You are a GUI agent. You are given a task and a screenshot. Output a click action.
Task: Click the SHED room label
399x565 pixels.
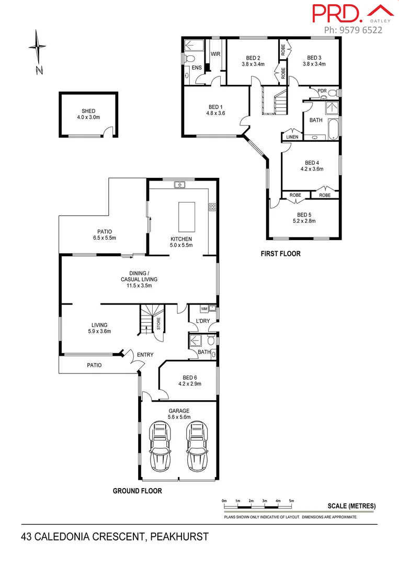88,111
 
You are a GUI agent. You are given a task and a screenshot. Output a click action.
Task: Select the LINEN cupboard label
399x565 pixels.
292,137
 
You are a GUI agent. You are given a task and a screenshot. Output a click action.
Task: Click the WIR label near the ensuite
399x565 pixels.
215,54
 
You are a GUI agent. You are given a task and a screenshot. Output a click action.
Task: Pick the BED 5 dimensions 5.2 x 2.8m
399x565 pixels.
304,221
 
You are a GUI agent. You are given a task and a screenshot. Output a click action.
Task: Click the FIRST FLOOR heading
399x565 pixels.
280,254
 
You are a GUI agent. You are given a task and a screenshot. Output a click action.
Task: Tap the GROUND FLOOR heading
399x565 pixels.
138,491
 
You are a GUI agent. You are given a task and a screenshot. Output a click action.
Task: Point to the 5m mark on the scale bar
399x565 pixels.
291,501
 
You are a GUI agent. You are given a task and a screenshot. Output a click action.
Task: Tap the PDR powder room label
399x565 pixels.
322,91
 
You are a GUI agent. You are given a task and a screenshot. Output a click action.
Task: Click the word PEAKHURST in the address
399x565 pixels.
180,536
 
